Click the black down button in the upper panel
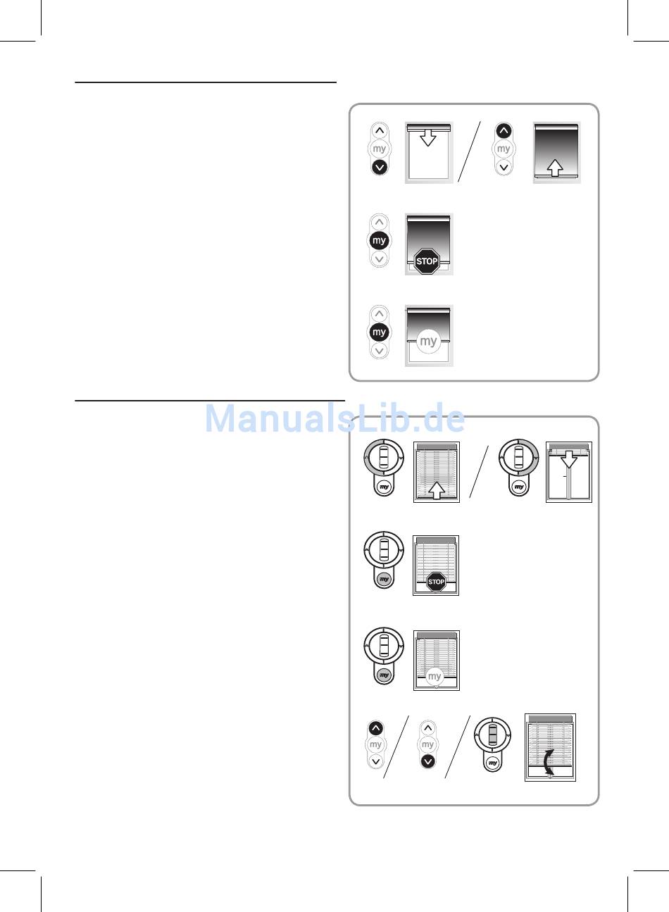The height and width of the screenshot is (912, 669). coord(380,167)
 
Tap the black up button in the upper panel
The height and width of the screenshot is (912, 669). coord(504,131)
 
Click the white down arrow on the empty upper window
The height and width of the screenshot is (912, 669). coord(428,137)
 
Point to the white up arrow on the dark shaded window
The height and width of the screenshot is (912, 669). coord(555,168)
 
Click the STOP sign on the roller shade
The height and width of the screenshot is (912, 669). coord(427,261)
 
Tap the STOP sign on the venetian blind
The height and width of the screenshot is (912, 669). coord(436,582)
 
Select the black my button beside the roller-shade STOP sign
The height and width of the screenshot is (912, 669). coord(379,241)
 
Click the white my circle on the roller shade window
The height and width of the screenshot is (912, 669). coord(428,341)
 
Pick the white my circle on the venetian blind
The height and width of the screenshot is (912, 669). coord(434,676)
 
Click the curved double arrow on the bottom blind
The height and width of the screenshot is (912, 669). coord(549,761)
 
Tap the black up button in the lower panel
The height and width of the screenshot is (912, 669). coord(376,728)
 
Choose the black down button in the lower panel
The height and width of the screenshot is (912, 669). coord(427,761)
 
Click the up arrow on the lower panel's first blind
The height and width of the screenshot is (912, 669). coord(437,490)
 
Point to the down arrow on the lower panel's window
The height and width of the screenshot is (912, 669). coord(569,460)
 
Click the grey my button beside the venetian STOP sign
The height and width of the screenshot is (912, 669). coord(384,579)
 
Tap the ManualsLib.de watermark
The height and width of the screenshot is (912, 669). coord(334,418)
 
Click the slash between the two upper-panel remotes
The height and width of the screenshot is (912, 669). coord(469,151)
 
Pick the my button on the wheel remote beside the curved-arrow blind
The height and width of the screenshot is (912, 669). coord(493,763)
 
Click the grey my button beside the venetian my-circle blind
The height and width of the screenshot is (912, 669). coord(384,675)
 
